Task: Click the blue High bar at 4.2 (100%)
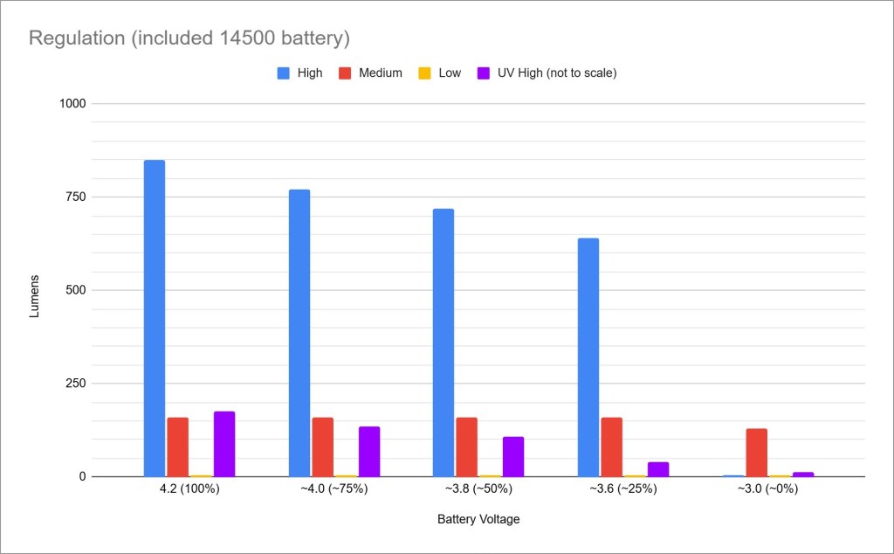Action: point(154,318)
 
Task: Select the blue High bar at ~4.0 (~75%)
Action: point(299,333)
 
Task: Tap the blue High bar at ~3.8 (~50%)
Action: point(443,343)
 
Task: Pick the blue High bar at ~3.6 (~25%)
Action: point(588,357)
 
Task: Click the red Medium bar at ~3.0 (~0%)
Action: point(756,453)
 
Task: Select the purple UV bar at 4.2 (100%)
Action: point(224,444)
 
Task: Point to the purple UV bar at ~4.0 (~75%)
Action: point(368,451)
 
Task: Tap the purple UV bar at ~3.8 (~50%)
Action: point(513,456)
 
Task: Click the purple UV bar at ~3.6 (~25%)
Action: point(657,469)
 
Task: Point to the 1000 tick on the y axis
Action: point(73,103)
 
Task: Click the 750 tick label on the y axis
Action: point(76,197)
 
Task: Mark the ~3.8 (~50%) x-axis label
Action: point(478,489)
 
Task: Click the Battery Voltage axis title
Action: point(478,519)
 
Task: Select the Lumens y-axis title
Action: point(35,290)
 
